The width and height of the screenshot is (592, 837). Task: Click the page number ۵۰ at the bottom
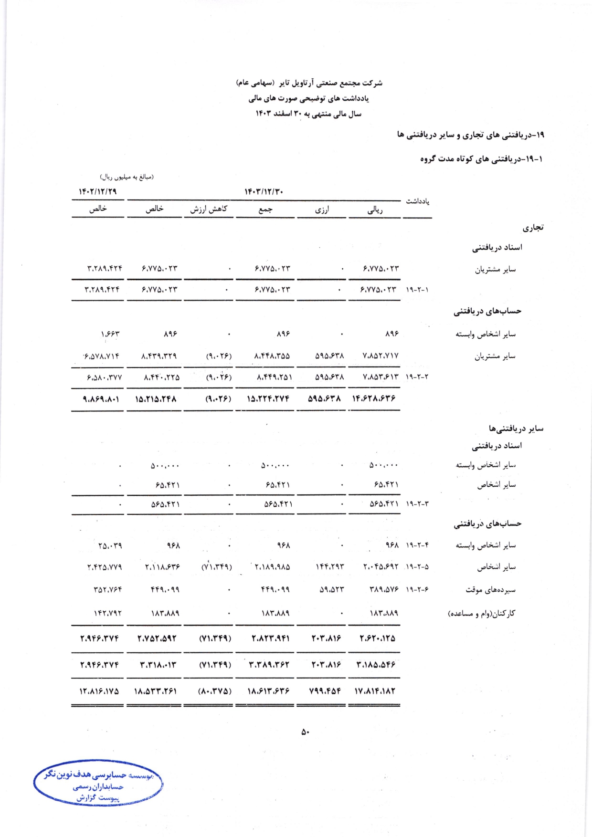pyautogui.click(x=305, y=732)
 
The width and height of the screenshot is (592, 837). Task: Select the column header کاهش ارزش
pyautogui.click(x=209, y=209)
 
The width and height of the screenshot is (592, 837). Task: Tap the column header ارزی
pyautogui.click(x=322, y=209)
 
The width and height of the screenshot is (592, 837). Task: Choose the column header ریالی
pyautogui.click(x=375, y=209)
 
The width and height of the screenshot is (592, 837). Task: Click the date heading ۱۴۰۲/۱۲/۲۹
pyautogui.click(x=97, y=191)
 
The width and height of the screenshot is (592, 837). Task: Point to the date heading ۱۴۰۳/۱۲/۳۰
pyautogui.click(x=264, y=191)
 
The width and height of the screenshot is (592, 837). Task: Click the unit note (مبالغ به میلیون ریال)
pyautogui.click(x=127, y=177)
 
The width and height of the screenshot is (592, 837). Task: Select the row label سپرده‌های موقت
pyautogui.click(x=490, y=590)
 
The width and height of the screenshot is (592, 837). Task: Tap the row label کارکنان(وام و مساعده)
pyautogui.click(x=481, y=613)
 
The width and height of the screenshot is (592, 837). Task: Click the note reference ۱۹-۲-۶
pyautogui.click(x=417, y=590)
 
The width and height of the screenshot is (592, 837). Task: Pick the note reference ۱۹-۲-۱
pyautogui.click(x=417, y=290)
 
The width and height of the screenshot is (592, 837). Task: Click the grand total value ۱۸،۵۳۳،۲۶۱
pyautogui.click(x=156, y=691)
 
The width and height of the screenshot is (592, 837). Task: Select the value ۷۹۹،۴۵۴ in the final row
pyautogui.click(x=325, y=691)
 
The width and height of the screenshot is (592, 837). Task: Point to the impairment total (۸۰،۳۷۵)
pyautogui.click(x=215, y=691)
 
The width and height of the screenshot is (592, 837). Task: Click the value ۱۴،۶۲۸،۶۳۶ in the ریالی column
pyautogui.click(x=374, y=398)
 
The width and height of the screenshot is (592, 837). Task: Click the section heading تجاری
pyautogui.click(x=533, y=228)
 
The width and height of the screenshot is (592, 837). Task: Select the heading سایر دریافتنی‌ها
pyautogui.click(x=516, y=429)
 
